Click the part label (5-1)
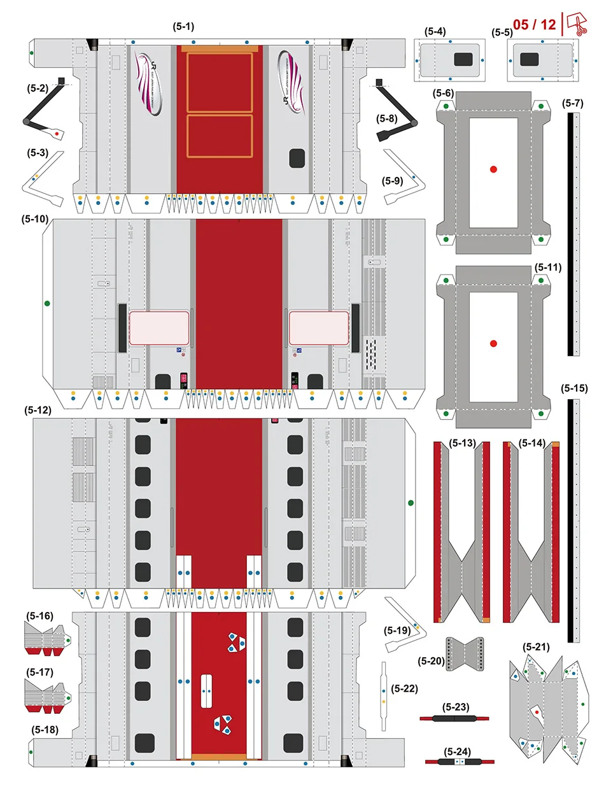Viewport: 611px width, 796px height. [x=183, y=27]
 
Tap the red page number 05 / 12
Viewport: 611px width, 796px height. [x=534, y=25]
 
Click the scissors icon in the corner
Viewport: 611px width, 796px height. [x=577, y=24]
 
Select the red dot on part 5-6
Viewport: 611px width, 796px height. [x=493, y=169]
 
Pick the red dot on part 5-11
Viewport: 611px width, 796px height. [x=493, y=343]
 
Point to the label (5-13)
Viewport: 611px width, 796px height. [x=462, y=443]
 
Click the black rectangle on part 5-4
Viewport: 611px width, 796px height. [x=463, y=59]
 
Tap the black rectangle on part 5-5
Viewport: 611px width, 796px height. [x=530, y=59]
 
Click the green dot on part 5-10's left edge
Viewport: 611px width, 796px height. [x=47, y=303]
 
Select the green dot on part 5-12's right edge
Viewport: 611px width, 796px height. [x=411, y=503]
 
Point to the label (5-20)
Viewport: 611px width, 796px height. [x=431, y=661]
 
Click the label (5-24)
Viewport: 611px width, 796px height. [x=457, y=752]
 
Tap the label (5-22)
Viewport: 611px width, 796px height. [x=405, y=688]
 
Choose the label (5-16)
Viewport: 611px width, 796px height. [x=39, y=616]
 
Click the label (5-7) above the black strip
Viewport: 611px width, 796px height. [x=572, y=103]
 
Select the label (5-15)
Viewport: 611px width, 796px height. [x=574, y=388]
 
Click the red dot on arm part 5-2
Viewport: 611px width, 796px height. [x=57, y=134]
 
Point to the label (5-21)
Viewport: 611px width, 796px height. [x=536, y=647]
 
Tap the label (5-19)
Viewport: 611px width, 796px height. [x=397, y=630]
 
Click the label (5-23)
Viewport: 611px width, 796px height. [x=456, y=707]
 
